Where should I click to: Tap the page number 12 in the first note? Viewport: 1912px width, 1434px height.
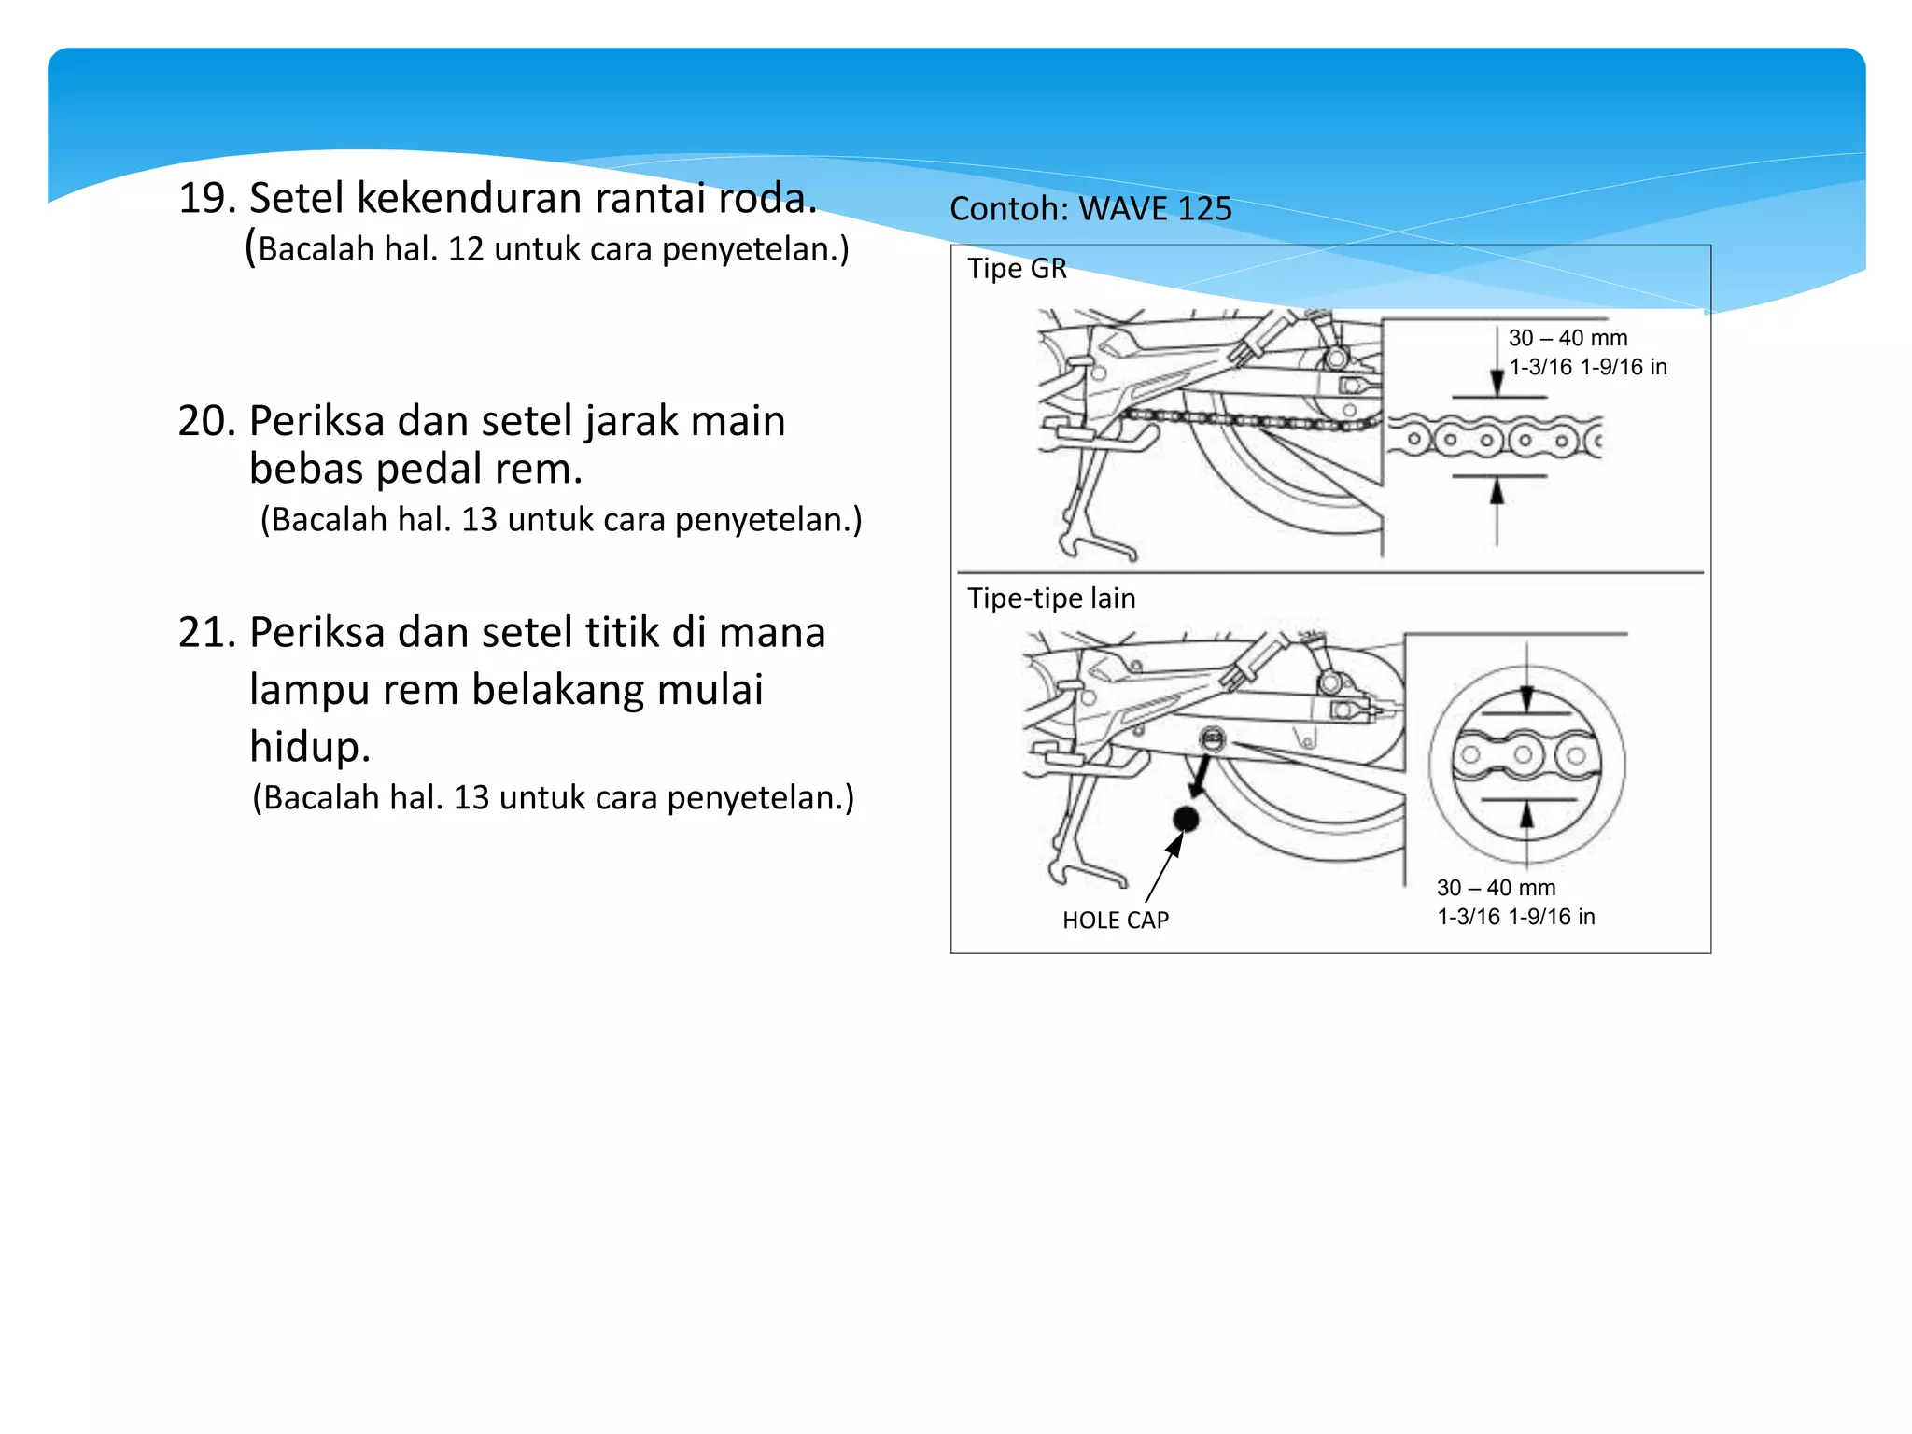[466, 249]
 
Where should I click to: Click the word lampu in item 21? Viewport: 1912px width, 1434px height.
[305, 691]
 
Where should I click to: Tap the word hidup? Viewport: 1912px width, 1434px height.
[309, 747]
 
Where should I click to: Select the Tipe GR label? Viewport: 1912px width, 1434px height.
[1017, 269]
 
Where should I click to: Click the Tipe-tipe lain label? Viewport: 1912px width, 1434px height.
[1051, 598]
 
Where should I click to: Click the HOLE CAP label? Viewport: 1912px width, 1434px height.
[1116, 921]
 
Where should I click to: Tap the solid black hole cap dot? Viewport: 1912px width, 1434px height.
[1186, 819]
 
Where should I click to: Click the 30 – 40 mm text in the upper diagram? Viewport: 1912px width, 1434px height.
[1568, 338]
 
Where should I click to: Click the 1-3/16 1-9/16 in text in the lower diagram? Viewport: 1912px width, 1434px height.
[1515, 917]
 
